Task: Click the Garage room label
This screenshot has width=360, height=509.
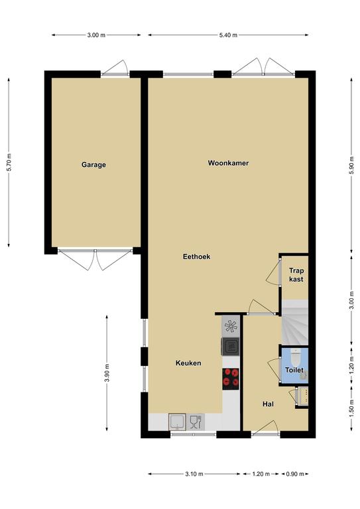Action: (x=93, y=164)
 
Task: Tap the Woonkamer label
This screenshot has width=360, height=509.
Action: (x=228, y=163)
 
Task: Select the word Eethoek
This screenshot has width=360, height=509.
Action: (x=196, y=256)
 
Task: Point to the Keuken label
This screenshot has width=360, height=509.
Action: (x=188, y=363)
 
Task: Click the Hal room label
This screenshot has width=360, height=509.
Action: (x=268, y=404)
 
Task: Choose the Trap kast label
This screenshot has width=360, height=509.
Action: (x=296, y=274)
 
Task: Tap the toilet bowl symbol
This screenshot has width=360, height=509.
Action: (x=296, y=357)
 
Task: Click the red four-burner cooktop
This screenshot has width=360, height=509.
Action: (x=231, y=379)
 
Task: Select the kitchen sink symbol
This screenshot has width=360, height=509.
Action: (x=177, y=422)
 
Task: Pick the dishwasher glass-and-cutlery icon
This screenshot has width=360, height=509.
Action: (x=196, y=422)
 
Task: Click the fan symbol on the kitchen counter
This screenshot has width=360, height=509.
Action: (x=231, y=326)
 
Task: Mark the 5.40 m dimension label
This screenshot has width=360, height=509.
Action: (x=228, y=35)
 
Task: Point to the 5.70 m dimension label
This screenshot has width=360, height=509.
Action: (x=10, y=162)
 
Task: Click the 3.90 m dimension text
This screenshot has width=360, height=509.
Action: (x=107, y=373)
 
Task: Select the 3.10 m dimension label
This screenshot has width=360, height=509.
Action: (x=194, y=474)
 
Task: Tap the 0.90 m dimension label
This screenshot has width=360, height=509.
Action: (x=295, y=474)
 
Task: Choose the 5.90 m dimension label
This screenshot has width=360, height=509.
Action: (x=351, y=165)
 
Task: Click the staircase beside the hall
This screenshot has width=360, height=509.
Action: (x=294, y=322)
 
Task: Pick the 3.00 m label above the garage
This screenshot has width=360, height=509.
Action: (x=96, y=35)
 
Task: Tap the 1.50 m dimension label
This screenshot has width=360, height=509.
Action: (x=351, y=409)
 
